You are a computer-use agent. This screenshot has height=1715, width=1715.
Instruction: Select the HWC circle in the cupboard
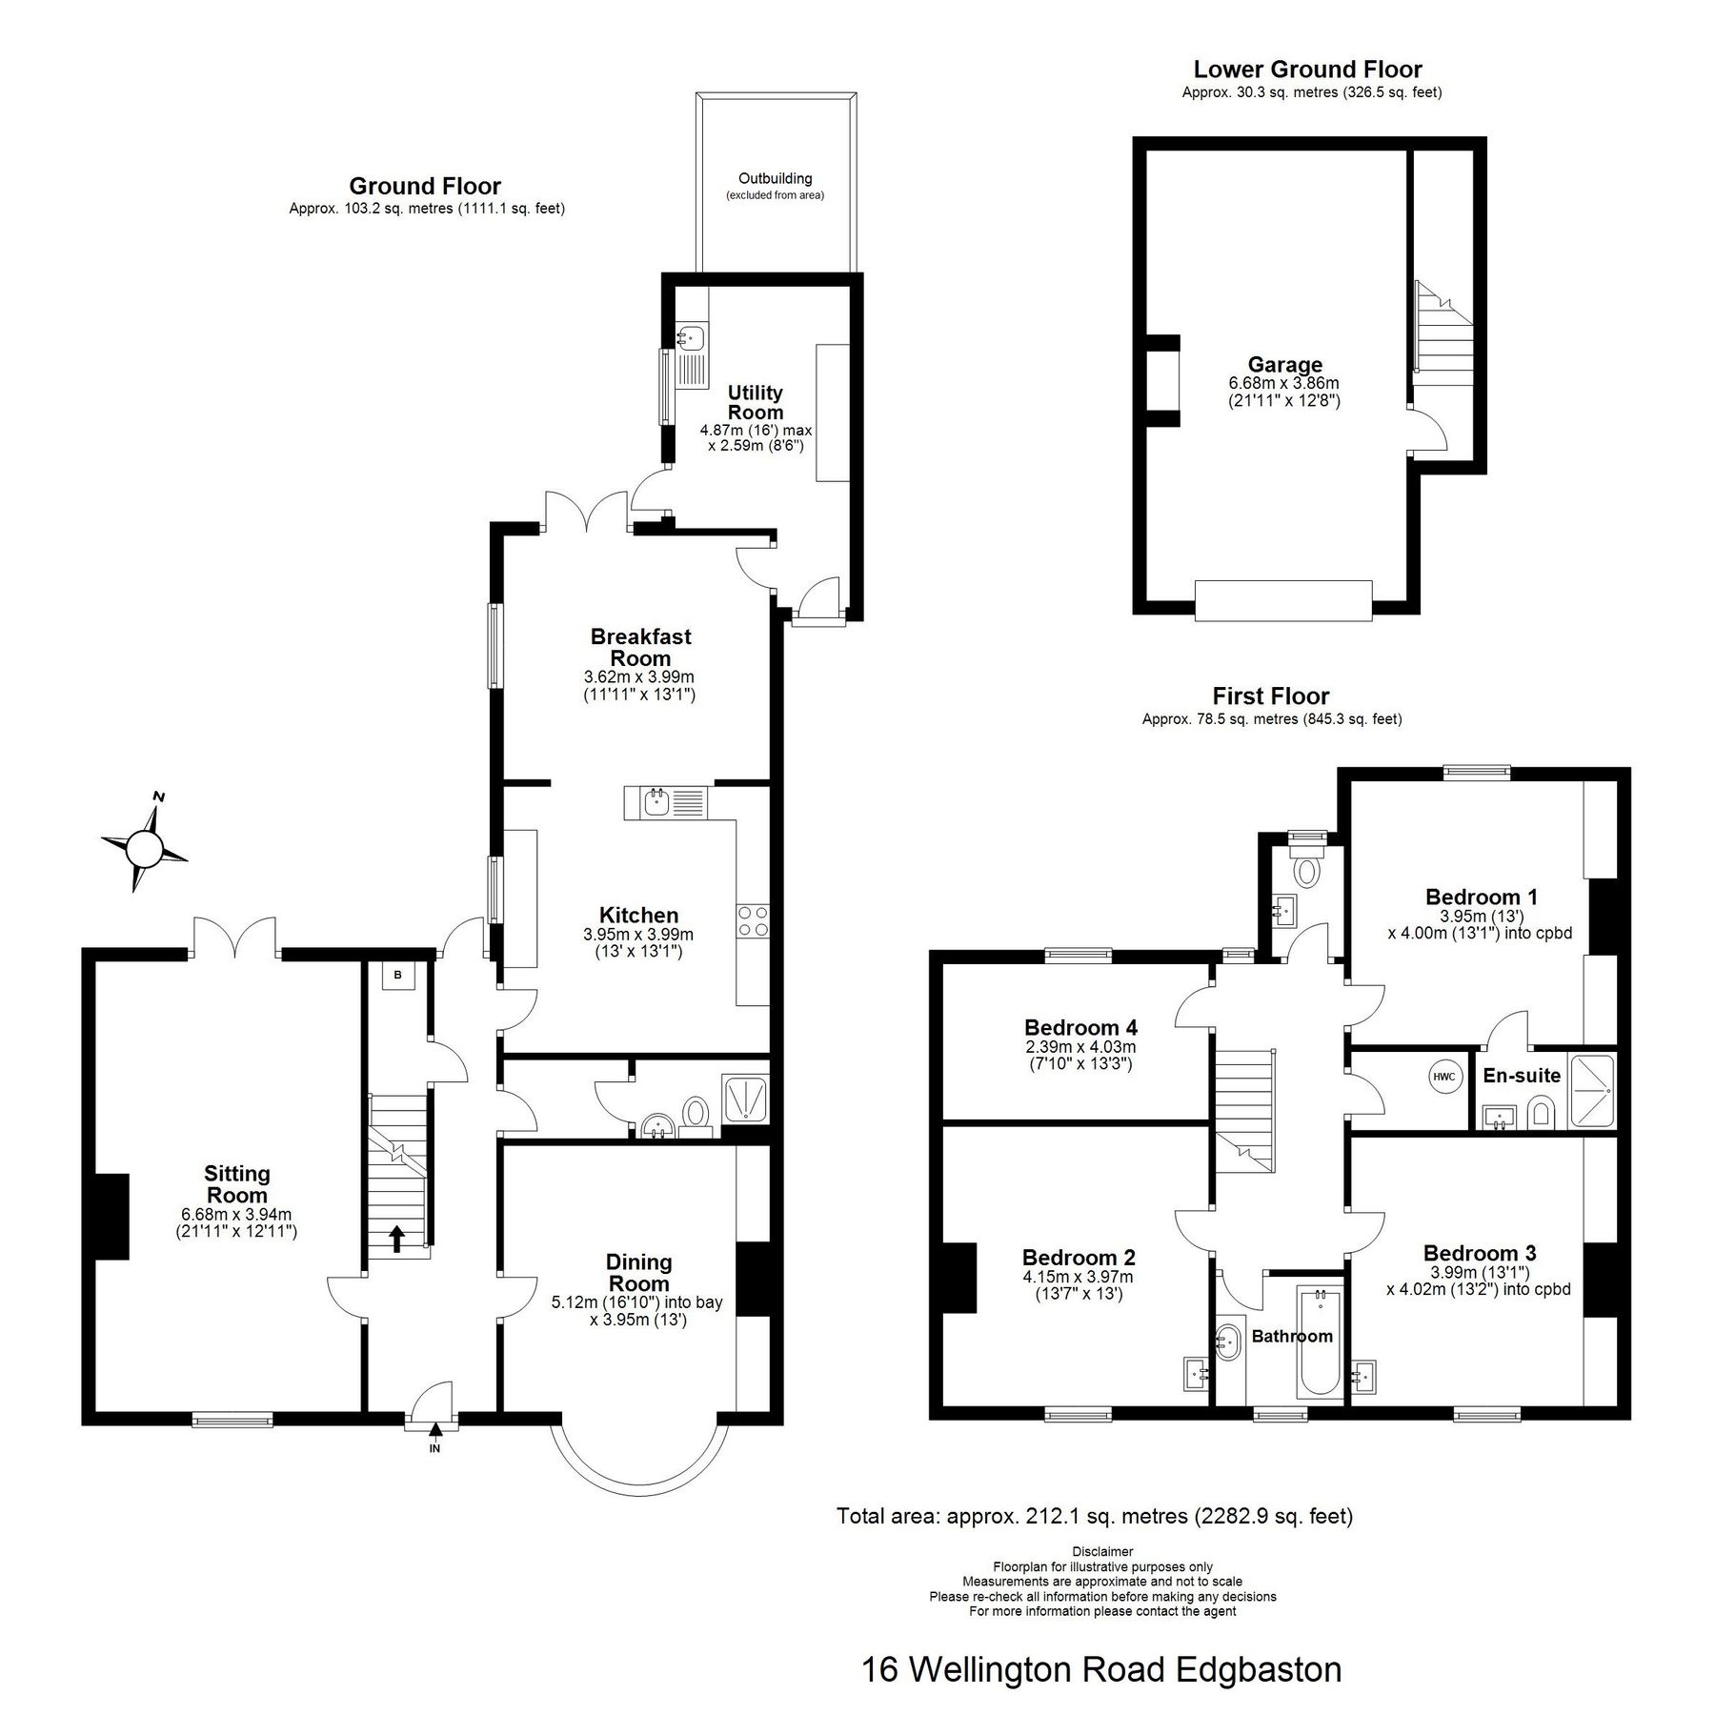tap(1443, 1077)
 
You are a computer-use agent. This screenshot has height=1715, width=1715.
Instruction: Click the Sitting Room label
tap(236, 1184)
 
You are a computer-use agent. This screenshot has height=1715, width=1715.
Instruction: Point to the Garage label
tap(1284, 364)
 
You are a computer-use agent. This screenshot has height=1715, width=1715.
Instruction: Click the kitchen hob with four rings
tap(752, 921)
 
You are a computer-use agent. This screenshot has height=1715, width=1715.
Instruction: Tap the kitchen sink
tap(657, 802)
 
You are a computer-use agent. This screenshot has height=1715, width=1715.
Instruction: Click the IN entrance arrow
tap(435, 1429)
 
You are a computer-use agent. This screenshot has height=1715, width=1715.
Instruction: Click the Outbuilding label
tap(775, 178)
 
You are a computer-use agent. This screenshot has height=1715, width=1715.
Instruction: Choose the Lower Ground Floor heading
tap(1307, 70)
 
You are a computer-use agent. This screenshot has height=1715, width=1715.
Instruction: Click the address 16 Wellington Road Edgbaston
tap(1100, 1670)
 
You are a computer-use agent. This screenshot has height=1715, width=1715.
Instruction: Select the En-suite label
tap(1521, 1076)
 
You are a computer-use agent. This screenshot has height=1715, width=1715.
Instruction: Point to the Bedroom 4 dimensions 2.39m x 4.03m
tap(1079, 1046)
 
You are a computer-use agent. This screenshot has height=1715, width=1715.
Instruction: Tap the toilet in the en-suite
tap(1540, 1111)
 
